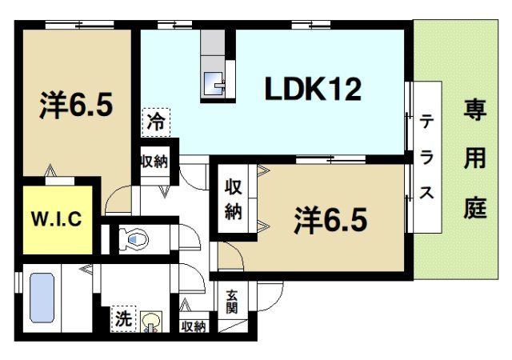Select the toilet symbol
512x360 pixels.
(132, 238)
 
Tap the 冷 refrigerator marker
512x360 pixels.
(156, 122)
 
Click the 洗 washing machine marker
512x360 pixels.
(122, 317)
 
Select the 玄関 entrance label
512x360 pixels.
(230, 302)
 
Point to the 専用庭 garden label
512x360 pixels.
(474, 160)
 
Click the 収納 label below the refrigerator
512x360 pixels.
(155, 161)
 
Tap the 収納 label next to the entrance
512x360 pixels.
(193, 326)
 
